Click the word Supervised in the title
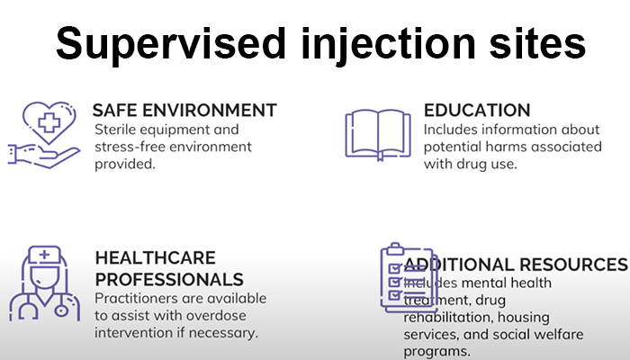(x=170, y=45)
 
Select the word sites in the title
(x=537, y=43)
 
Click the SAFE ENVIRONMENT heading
(x=184, y=110)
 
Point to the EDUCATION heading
(x=477, y=110)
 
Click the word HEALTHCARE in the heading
(x=155, y=258)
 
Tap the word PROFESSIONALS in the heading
(x=169, y=280)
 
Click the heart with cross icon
(x=49, y=122)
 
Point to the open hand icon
(x=43, y=156)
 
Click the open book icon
(x=378, y=134)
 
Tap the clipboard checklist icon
(x=408, y=277)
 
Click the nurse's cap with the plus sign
(x=45, y=255)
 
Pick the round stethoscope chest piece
(x=61, y=310)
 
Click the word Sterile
(x=115, y=130)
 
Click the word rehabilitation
(x=448, y=318)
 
